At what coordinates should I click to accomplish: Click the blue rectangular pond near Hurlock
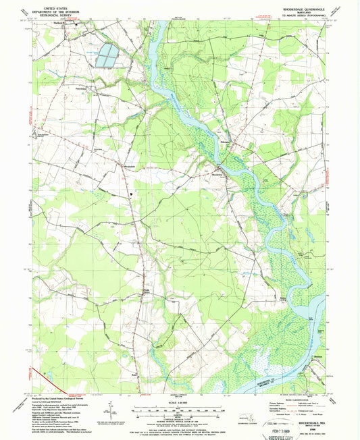tap(105, 57)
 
